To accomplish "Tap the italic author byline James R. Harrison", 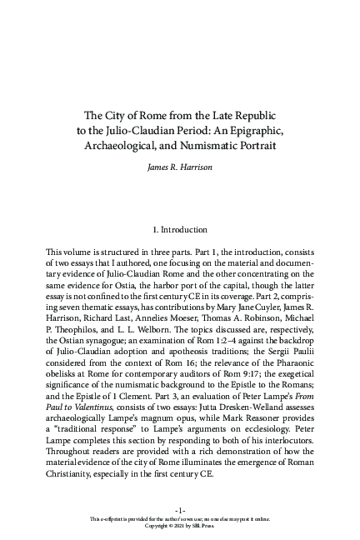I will [181, 167].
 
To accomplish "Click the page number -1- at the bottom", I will [181, 509].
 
